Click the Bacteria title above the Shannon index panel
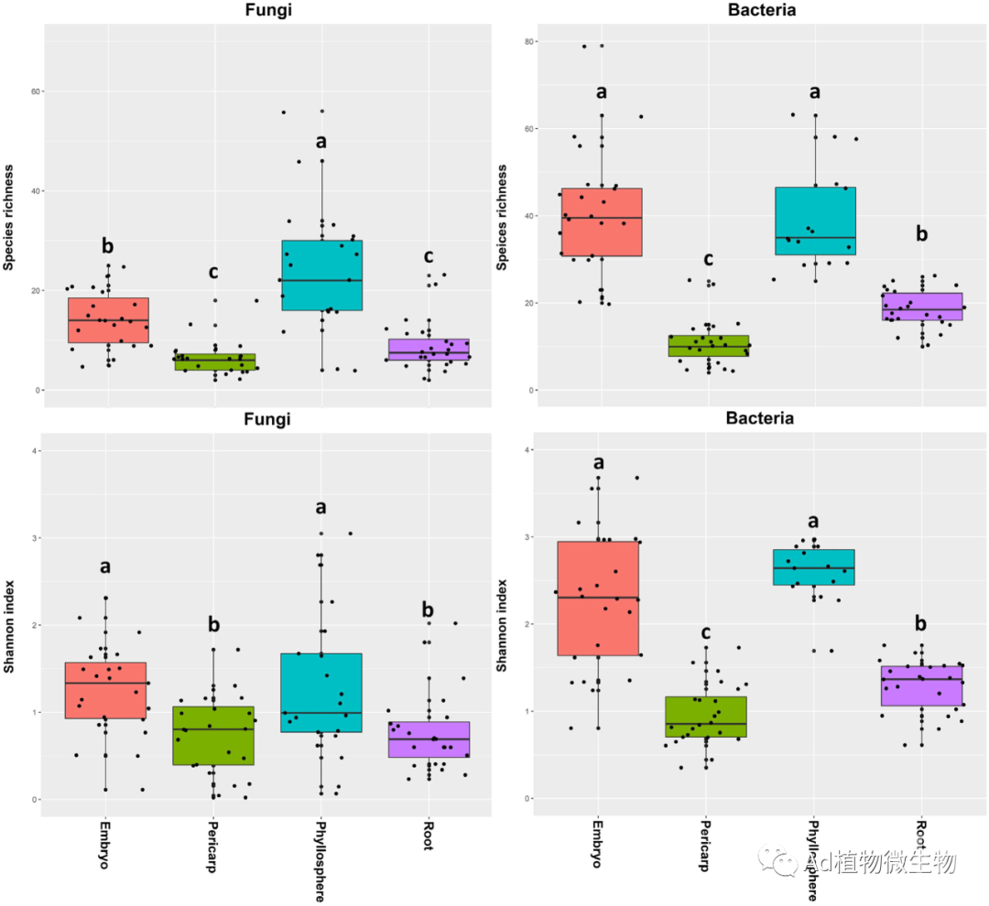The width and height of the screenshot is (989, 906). (x=760, y=418)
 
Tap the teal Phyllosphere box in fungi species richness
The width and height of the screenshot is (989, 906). (x=322, y=275)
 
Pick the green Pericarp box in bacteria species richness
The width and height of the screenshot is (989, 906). (x=708, y=345)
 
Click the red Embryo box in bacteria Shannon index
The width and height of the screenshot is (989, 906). (x=597, y=599)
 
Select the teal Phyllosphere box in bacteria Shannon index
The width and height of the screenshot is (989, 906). (x=814, y=567)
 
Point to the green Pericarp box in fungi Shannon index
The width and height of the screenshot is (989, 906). (x=213, y=735)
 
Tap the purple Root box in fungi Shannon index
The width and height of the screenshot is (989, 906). (x=429, y=739)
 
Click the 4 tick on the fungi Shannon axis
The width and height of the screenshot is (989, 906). (x=34, y=450)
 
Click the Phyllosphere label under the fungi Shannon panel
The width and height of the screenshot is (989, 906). (x=319, y=859)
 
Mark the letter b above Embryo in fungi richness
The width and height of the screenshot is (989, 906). (x=108, y=245)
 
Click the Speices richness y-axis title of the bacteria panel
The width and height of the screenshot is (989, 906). (x=503, y=217)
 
